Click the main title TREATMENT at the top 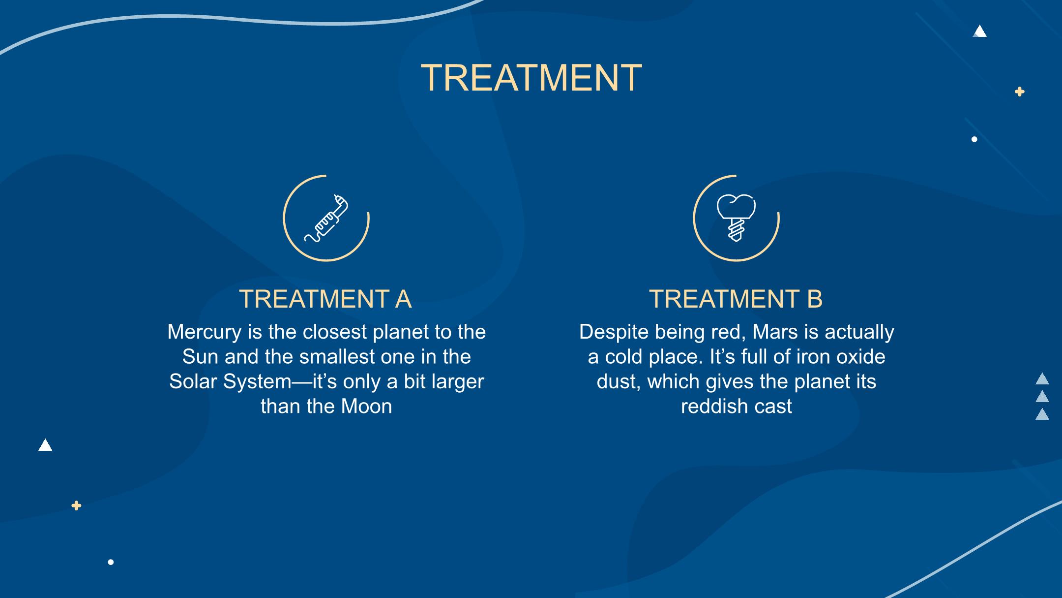[x=531, y=77]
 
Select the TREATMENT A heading [x=325, y=299]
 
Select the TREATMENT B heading [x=736, y=299]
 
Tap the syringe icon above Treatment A [x=326, y=218]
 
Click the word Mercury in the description [x=204, y=332]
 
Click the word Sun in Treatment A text [x=201, y=357]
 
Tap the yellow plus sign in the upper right [x=1020, y=92]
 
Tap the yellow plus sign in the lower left [x=76, y=505]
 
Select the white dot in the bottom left [x=111, y=562]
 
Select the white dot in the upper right [x=974, y=139]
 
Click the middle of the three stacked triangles [x=1042, y=397]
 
